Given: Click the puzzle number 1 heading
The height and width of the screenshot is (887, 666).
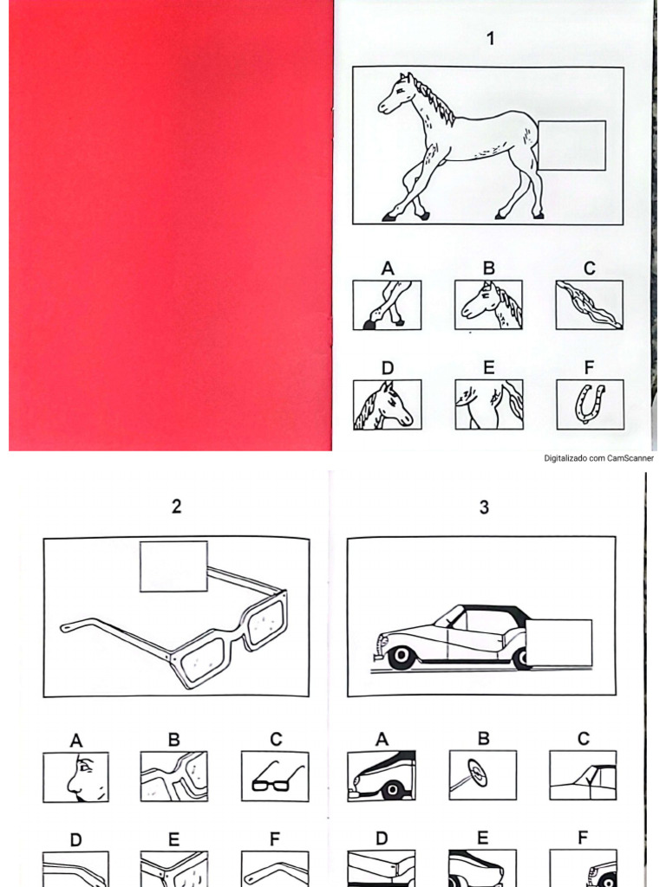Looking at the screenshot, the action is (x=491, y=38).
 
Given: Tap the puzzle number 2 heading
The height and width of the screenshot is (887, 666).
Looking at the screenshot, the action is (x=177, y=506).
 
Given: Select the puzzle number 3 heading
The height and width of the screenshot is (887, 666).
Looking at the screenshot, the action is (x=484, y=507).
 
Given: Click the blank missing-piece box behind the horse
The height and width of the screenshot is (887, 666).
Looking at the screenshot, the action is (x=571, y=145).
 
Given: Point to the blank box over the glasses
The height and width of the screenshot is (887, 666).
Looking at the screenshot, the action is (x=173, y=567).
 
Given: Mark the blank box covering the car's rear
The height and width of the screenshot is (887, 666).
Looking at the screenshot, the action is (x=559, y=643).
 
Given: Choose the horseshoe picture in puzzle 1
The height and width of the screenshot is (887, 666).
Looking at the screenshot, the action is (x=590, y=404).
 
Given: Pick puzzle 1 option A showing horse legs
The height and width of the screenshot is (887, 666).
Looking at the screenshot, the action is (x=387, y=304).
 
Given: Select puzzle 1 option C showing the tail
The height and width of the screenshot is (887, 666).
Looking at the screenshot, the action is (x=589, y=304).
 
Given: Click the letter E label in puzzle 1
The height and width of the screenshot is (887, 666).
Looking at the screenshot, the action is (x=489, y=368).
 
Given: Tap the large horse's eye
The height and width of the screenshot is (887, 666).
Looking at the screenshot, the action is (x=400, y=89).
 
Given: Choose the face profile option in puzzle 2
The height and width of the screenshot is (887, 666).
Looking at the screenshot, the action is (x=76, y=777).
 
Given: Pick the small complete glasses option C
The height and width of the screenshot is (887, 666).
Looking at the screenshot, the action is (x=275, y=776).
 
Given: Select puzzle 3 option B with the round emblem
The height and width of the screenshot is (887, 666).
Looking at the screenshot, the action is (x=482, y=775).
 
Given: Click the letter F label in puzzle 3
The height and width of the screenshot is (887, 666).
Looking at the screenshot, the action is (x=583, y=838).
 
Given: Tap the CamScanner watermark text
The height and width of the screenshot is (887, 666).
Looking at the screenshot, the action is (x=598, y=458).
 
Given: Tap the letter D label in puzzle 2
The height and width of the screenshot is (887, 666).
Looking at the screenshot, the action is (x=76, y=840).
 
